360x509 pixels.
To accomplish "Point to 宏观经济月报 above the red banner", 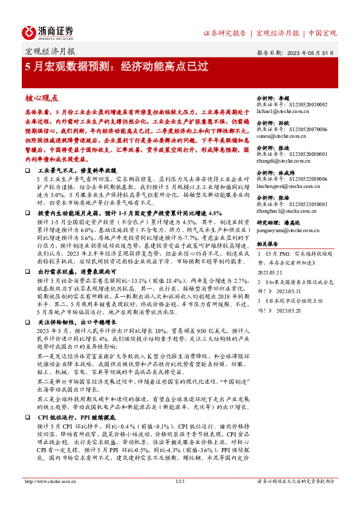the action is coord(50,52).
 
